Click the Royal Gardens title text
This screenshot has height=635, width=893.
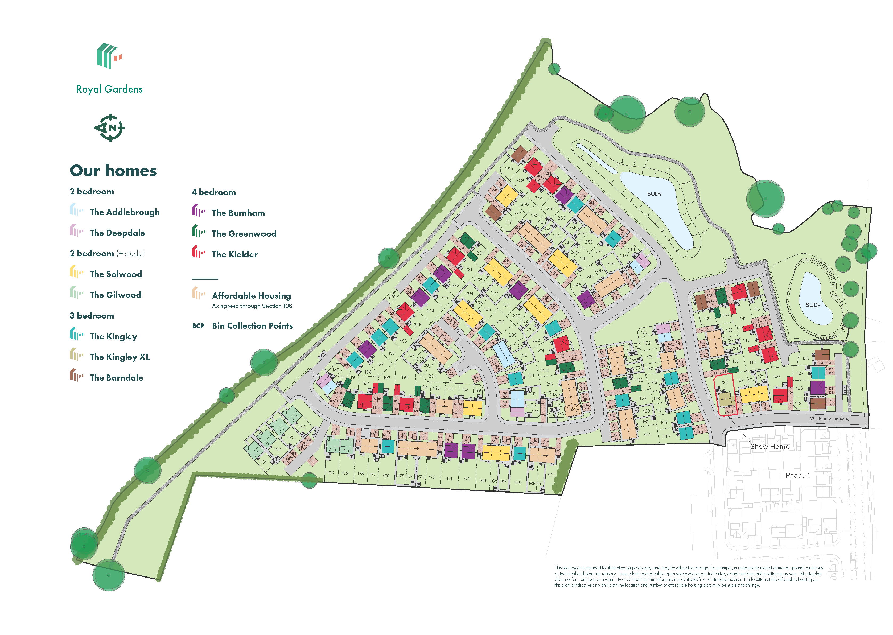point(109,89)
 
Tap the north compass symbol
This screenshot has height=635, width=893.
point(109,128)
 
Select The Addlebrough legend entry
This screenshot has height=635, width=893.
point(124,212)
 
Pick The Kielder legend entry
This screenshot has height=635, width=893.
point(234,254)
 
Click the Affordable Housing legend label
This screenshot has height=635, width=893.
point(252,296)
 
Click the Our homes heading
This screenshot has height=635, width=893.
point(113,171)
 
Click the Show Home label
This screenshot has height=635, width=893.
point(769,447)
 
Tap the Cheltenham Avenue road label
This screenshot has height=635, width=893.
point(829,419)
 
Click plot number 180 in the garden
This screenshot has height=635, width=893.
point(330,473)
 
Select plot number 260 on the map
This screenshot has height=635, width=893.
point(509,169)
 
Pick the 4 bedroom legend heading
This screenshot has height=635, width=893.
point(213,192)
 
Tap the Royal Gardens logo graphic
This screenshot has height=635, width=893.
point(109,56)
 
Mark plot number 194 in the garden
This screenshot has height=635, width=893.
point(405,377)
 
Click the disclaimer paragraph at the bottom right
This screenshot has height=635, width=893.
point(688,576)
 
